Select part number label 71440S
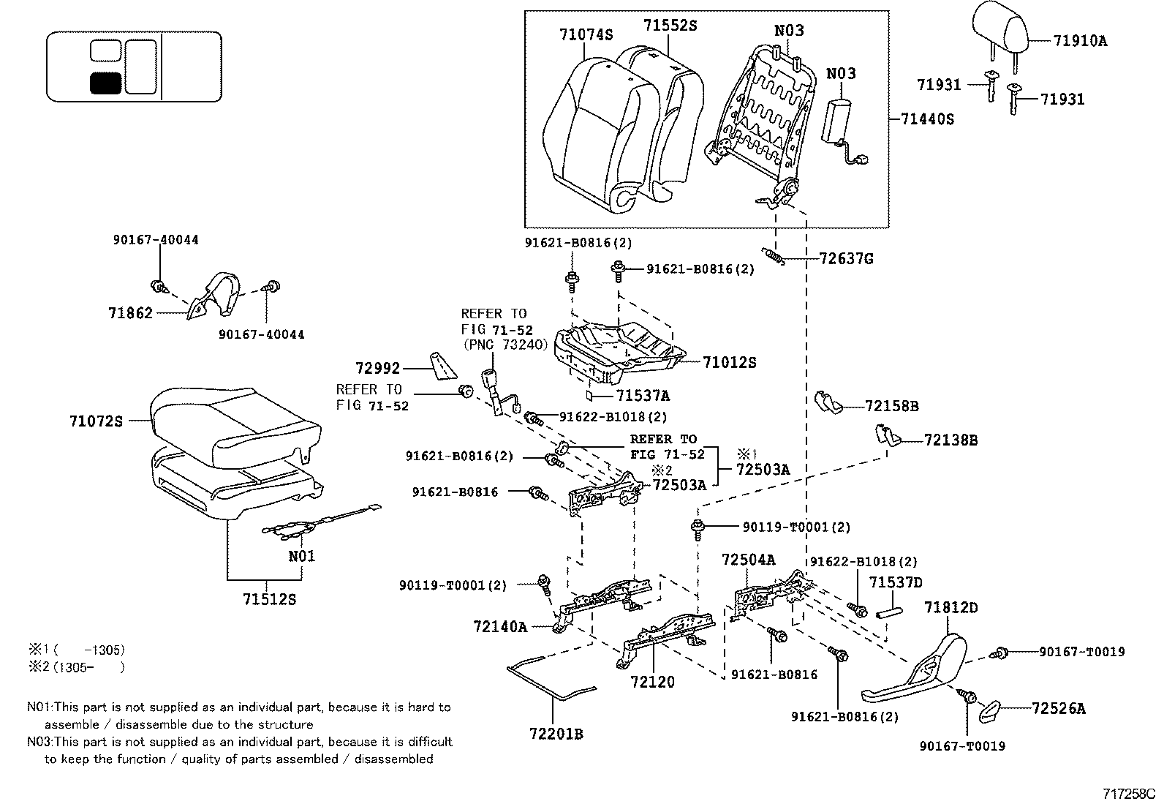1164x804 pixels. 928,119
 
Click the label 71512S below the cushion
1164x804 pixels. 269,600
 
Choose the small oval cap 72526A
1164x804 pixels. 989,709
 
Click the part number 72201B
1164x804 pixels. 556,733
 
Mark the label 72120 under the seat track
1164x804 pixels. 652,682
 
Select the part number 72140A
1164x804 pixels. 500,626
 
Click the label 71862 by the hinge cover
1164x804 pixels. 130,313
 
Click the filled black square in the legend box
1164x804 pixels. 105,83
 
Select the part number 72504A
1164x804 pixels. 748,560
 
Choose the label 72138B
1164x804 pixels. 951,440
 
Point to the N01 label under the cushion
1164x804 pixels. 301,556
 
